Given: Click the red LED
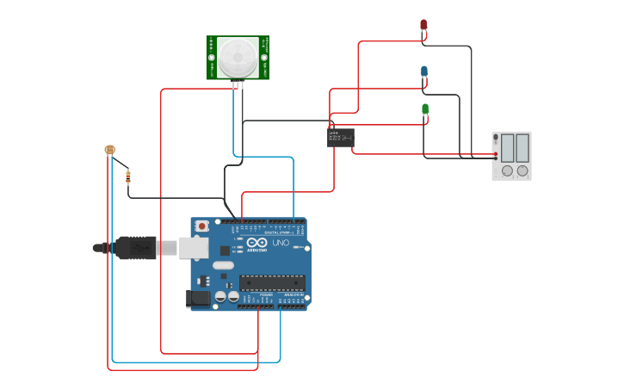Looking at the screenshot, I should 423,26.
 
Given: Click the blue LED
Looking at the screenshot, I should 424,71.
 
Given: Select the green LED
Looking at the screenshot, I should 425,109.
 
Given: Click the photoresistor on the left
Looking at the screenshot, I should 109,150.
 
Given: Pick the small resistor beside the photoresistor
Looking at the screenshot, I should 128,177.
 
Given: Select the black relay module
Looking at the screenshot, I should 341,137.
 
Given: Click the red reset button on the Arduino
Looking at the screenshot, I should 202,226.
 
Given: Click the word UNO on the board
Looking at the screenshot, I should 281,243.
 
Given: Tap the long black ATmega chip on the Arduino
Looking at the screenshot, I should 272,282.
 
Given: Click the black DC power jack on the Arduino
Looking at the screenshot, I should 198,299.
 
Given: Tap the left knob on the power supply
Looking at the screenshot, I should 507,170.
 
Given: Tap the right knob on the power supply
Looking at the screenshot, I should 522,170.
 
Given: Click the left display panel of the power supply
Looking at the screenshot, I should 508,147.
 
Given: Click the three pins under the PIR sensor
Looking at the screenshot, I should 238,84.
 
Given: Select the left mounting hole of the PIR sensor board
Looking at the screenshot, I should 213,58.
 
